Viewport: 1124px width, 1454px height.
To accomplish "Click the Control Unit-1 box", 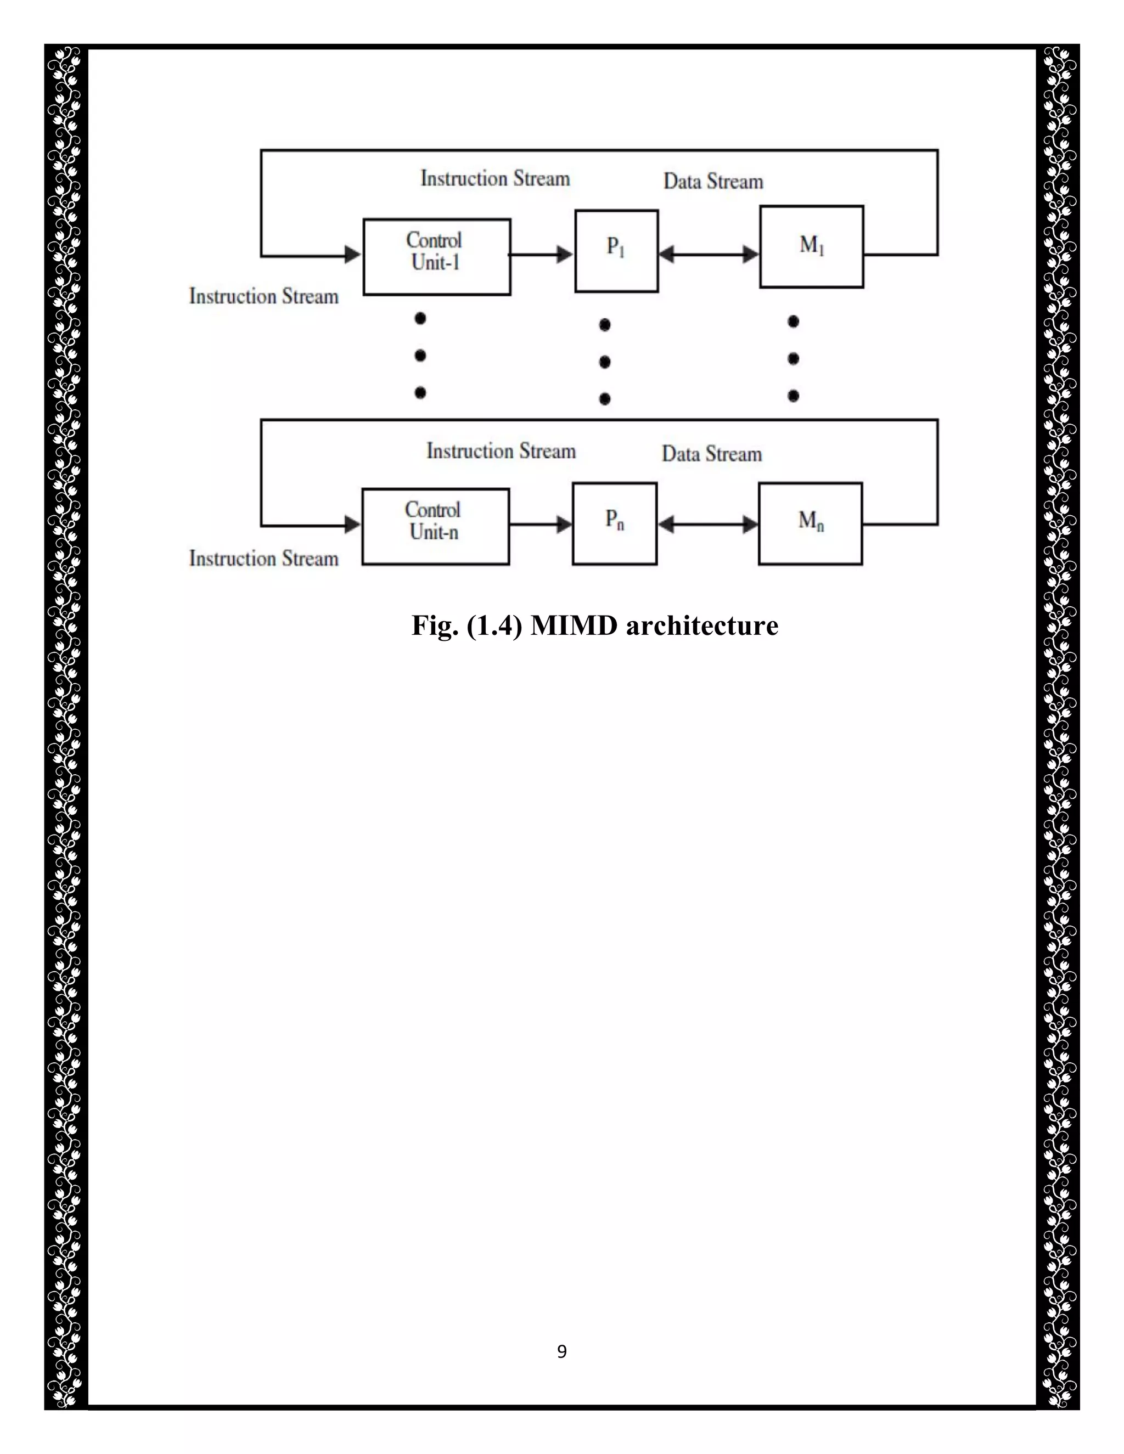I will [x=437, y=256].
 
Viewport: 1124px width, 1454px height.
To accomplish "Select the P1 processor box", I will [x=616, y=251].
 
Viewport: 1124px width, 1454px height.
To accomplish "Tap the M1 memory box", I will [x=812, y=247].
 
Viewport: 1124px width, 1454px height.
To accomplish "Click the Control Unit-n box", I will [x=435, y=527].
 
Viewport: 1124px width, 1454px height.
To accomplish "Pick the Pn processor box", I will [x=615, y=524].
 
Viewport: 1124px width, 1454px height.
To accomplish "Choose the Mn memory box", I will [x=811, y=524].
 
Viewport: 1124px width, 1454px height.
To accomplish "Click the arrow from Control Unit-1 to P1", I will [x=541, y=255].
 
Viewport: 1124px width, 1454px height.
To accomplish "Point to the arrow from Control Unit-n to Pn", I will [x=540, y=525].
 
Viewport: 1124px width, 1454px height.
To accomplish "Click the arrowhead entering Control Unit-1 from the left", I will [x=352, y=255].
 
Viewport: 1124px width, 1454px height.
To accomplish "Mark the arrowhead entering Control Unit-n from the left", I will [x=352, y=525].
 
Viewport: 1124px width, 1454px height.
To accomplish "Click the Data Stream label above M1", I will [x=713, y=182].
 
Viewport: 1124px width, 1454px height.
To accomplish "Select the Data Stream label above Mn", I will [x=711, y=454].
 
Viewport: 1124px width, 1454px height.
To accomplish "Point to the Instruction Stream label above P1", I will [x=496, y=178].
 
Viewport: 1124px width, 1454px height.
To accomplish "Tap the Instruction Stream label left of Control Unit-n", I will [x=263, y=559].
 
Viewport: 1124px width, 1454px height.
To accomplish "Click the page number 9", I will [x=562, y=1351].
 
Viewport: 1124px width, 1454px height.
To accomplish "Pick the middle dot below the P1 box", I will [x=605, y=362].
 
